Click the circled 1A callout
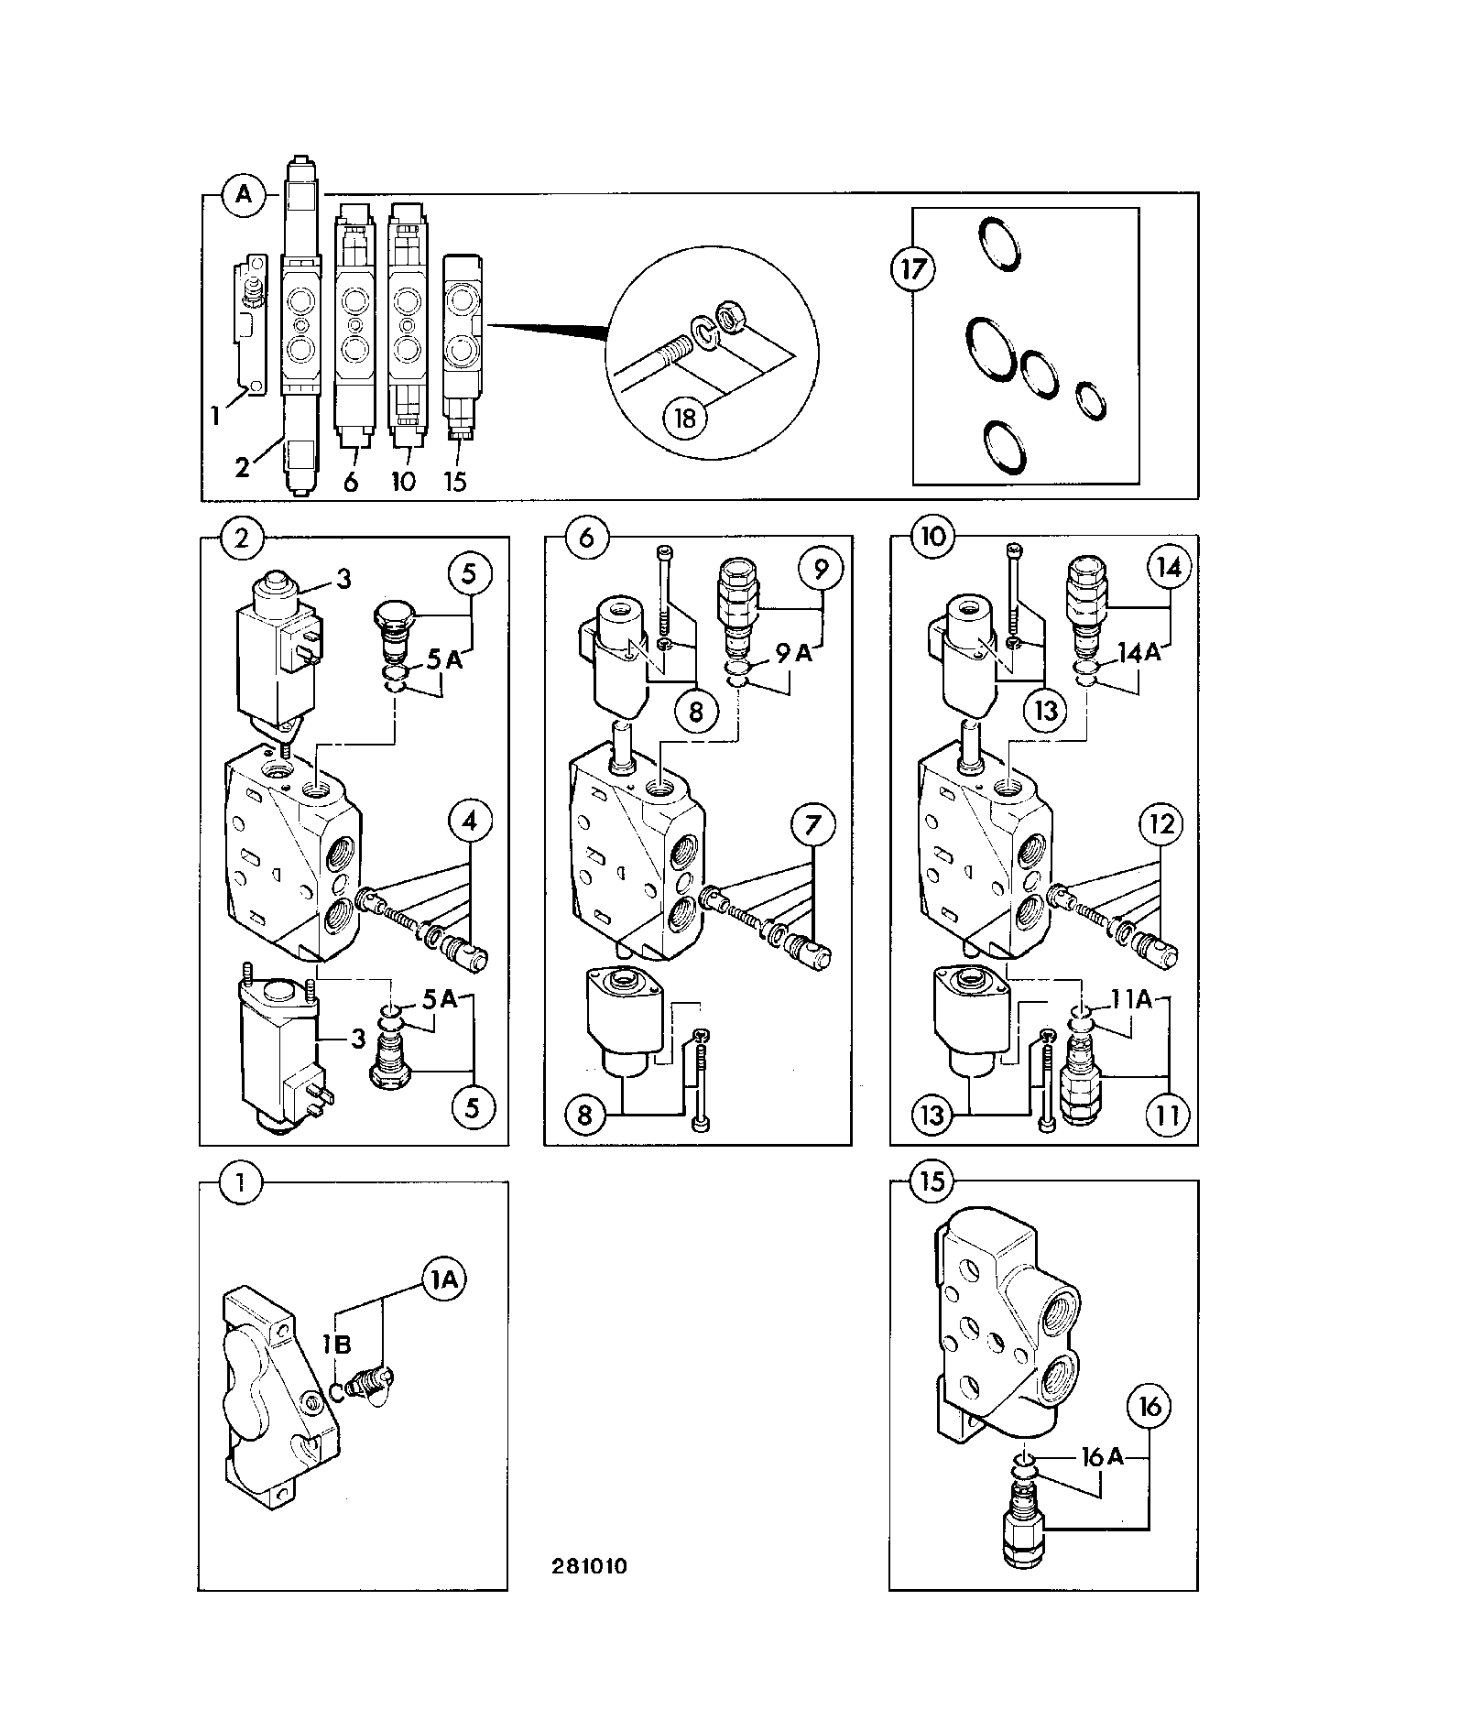(x=443, y=1280)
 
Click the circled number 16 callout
(x=1149, y=1405)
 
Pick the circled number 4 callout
(x=470, y=822)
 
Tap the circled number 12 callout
(x=1160, y=824)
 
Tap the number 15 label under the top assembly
(x=455, y=481)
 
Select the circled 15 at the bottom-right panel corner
(x=932, y=1181)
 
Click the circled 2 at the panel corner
(x=242, y=538)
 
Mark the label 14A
(x=1139, y=652)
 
